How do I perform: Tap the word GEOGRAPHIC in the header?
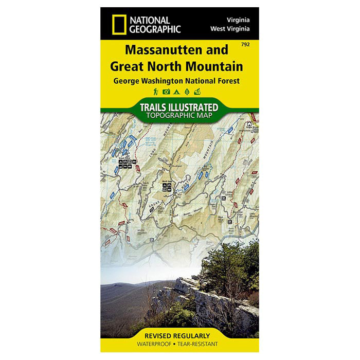point(155,29)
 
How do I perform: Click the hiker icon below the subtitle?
point(155,92)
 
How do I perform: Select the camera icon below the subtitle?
point(166,92)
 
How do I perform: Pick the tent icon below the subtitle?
point(176,92)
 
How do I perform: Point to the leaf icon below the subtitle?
point(186,92)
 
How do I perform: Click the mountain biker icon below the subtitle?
point(197,92)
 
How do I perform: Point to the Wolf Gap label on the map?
point(167,181)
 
